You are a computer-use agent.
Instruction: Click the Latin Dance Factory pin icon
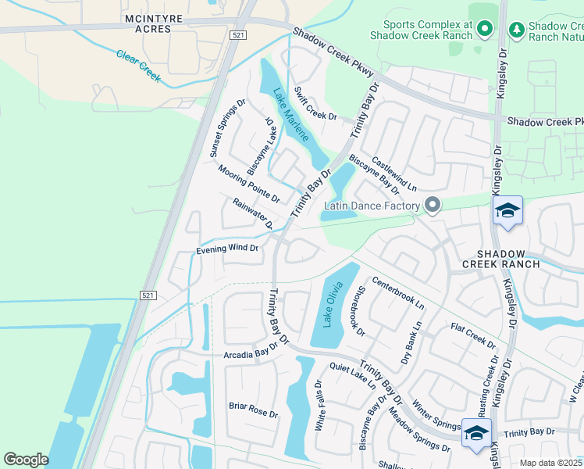click(x=432, y=206)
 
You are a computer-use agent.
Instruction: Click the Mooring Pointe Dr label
click(x=248, y=183)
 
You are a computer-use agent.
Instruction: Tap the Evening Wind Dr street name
click(x=227, y=249)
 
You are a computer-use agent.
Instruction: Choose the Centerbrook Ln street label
click(x=397, y=292)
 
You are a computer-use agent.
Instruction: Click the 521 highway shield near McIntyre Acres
click(x=238, y=36)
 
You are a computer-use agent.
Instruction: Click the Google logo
click(x=26, y=460)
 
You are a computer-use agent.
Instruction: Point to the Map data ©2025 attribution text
click(x=550, y=463)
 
